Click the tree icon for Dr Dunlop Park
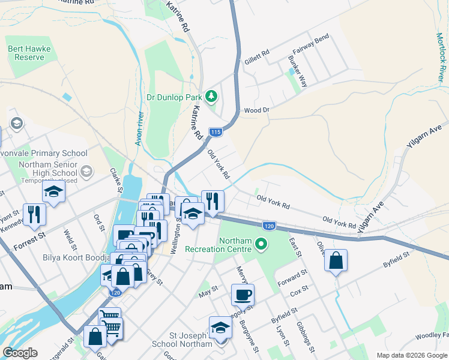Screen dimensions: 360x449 (211, 96)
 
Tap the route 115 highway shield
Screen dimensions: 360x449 (216, 132)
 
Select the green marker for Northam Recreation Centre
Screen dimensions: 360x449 (261, 244)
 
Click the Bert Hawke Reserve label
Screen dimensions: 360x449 (26, 53)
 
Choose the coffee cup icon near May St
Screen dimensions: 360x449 (243, 295)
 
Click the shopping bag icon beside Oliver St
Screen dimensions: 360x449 (336, 261)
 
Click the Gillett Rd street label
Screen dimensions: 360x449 (257, 57)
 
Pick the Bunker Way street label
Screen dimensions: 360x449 (298, 73)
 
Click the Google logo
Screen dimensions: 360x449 (20, 353)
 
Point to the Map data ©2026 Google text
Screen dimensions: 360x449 (411, 355)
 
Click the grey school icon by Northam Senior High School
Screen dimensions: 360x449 (86, 172)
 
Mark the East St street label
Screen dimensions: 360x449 (294, 248)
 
